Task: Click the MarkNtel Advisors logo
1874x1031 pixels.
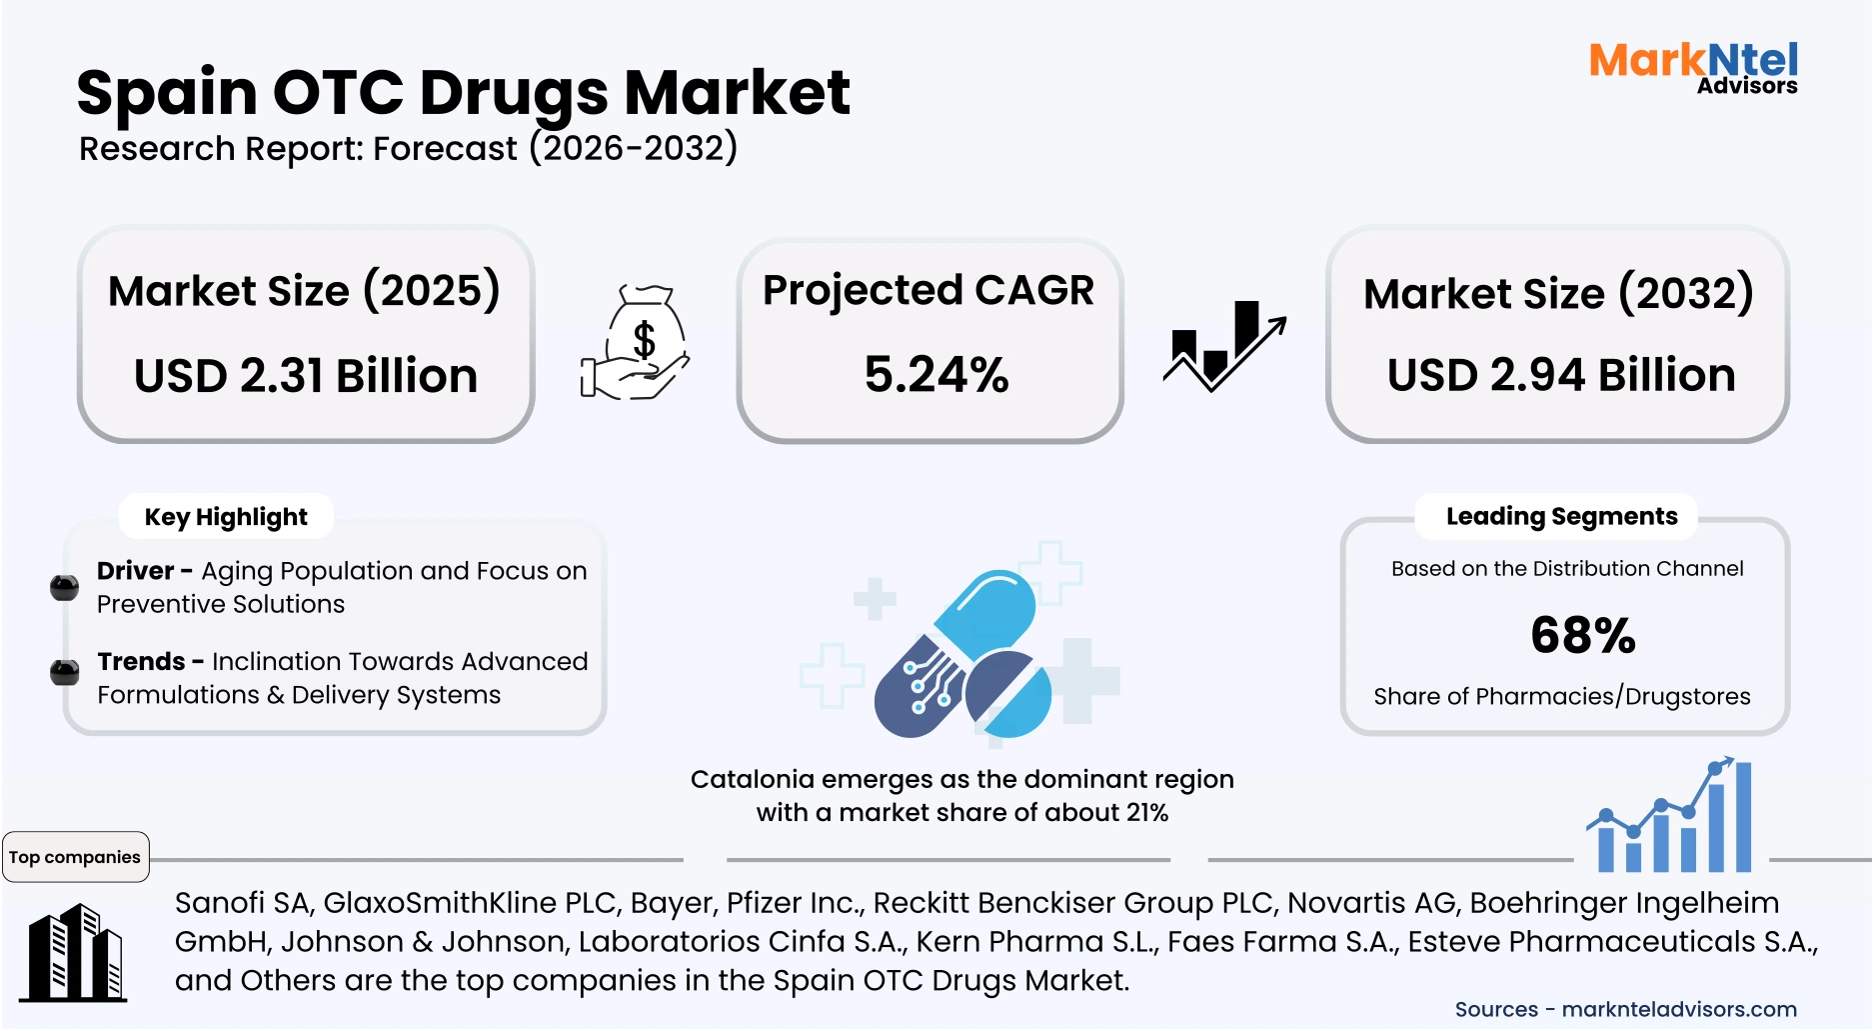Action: pyautogui.click(x=1693, y=68)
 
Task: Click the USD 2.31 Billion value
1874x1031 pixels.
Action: pyautogui.click(x=306, y=376)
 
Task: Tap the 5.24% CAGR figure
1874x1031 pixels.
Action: pyautogui.click(x=937, y=375)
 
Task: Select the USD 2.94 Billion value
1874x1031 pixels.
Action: pyautogui.click(x=1561, y=375)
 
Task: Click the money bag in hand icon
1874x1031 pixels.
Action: pyautogui.click(x=636, y=343)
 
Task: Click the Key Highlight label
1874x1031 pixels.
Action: pyautogui.click(x=226, y=517)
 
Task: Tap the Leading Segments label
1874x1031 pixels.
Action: pyautogui.click(x=1561, y=516)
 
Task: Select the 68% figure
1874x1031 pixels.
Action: pyautogui.click(x=1583, y=635)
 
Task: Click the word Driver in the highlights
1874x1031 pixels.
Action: pyautogui.click(x=136, y=570)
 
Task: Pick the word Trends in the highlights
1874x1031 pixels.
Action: pyautogui.click(x=141, y=661)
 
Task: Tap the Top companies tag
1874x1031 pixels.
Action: pyautogui.click(x=75, y=857)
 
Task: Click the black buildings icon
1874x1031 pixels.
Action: pyautogui.click(x=74, y=953)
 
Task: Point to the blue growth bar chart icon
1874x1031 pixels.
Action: pyautogui.click(x=1669, y=815)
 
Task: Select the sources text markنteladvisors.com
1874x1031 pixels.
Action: pyautogui.click(x=1679, y=1009)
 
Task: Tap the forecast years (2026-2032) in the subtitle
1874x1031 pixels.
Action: pyautogui.click(x=634, y=148)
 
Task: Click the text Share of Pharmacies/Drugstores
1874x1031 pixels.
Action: pyautogui.click(x=1562, y=696)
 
